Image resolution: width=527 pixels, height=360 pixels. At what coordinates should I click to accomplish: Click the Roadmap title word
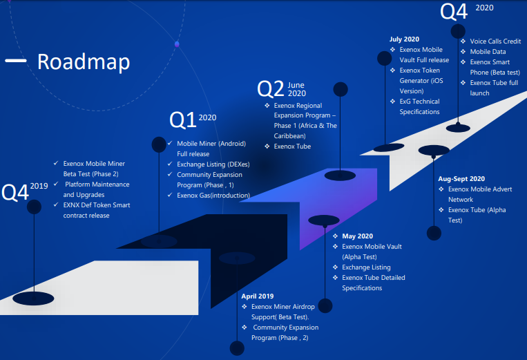[84, 62]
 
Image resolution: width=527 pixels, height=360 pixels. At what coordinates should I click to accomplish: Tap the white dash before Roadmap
[16, 61]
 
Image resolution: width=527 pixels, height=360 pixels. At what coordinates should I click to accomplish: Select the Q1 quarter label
[182, 120]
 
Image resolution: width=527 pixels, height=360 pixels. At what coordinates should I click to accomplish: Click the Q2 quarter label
[270, 88]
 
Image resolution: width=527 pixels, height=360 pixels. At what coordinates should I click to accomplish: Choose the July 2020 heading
[404, 39]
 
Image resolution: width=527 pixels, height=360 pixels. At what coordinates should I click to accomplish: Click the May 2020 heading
[356, 236]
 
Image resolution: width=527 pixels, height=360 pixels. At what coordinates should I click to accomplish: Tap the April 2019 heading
[258, 296]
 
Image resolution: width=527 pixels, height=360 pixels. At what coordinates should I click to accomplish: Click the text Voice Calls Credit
[495, 41]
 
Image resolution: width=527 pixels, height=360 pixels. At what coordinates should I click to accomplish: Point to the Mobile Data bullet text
[488, 52]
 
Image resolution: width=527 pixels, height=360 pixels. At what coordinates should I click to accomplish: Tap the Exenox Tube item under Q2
[292, 146]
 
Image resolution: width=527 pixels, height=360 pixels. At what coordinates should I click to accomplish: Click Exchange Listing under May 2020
[366, 267]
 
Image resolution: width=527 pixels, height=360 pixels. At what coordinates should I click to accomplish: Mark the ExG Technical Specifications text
[419, 106]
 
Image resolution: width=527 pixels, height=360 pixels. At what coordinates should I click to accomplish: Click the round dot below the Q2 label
[340, 89]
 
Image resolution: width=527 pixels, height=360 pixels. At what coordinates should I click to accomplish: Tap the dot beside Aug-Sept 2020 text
[434, 233]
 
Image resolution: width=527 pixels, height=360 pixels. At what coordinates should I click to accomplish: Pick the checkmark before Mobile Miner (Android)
[171, 143]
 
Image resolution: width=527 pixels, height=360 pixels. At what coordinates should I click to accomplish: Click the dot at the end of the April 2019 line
[237, 348]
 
